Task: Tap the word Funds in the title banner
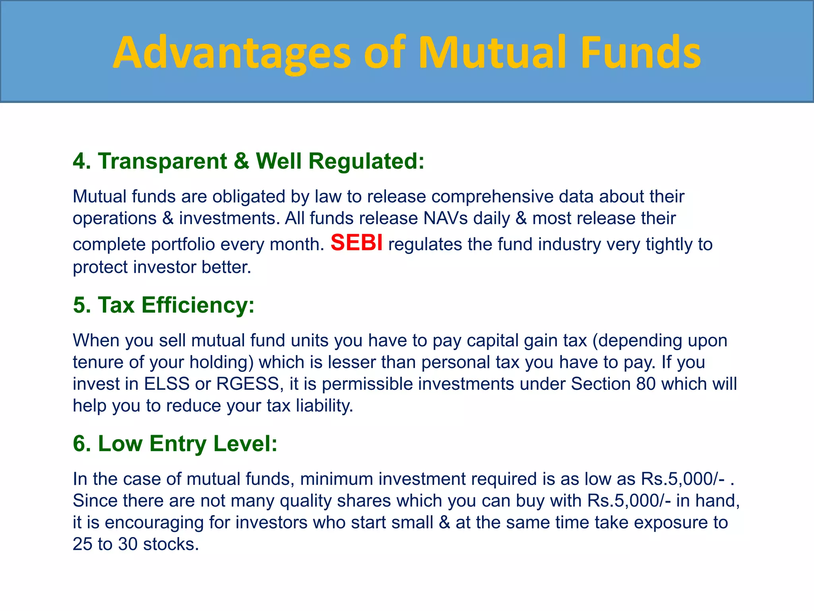(640, 53)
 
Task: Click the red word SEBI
(357, 242)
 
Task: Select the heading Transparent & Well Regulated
(249, 161)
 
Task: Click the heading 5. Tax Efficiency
(164, 305)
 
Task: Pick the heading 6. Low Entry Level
(175, 444)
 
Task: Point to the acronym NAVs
(445, 218)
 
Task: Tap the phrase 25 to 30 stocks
(135, 544)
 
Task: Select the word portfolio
(183, 244)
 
